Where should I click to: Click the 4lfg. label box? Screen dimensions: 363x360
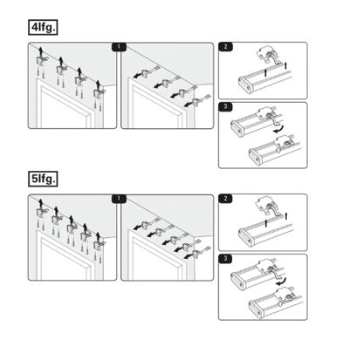tap(43, 27)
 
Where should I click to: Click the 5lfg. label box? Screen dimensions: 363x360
tap(43, 179)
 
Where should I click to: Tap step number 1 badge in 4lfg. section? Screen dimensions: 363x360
tap(119, 47)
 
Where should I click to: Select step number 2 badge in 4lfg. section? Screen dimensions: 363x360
tap(226, 46)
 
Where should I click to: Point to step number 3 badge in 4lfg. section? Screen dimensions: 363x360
tap(226, 106)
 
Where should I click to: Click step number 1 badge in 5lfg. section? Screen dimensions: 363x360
tap(119, 199)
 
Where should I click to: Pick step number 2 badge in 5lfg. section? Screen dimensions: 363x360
tap(226, 199)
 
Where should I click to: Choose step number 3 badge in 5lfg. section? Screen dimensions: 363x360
tap(226, 259)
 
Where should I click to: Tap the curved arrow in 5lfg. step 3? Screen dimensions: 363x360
tap(282, 282)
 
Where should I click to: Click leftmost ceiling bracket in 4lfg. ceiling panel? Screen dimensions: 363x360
tap(40, 61)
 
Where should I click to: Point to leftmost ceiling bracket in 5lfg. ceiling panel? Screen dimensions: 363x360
tap(40, 213)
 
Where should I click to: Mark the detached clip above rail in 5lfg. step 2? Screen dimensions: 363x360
tap(268, 207)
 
